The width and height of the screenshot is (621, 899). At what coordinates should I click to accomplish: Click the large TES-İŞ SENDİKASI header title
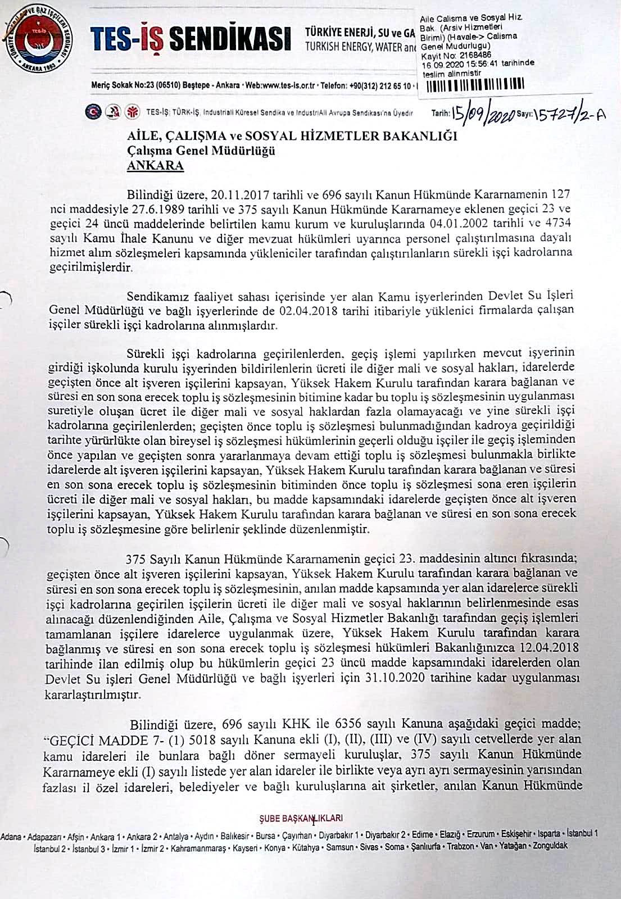(x=191, y=39)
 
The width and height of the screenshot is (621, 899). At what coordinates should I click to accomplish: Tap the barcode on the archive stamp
(x=475, y=86)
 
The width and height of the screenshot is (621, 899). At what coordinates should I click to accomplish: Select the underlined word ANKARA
(x=155, y=166)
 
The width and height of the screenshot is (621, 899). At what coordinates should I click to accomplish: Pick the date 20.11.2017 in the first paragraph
(x=239, y=195)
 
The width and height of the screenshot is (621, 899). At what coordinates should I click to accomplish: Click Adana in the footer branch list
(x=12, y=835)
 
